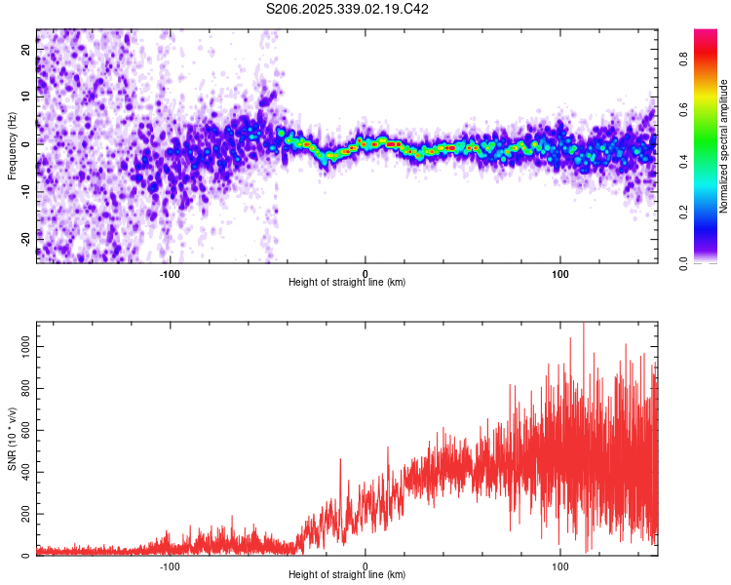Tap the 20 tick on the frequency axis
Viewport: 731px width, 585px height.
tap(26, 49)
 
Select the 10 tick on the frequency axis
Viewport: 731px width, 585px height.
tap(26, 97)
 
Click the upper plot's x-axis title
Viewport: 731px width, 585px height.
tap(347, 282)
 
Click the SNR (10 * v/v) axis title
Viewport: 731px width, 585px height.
tap(12, 440)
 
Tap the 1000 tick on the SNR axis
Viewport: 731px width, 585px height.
tap(21, 347)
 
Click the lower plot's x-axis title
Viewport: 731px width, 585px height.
tap(347, 574)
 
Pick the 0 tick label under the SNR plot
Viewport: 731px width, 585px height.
tap(365, 565)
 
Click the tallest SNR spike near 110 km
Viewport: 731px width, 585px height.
tap(583, 326)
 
